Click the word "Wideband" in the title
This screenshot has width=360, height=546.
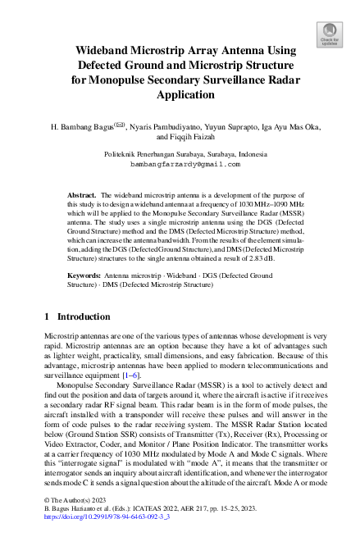pyautogui.click(x=100, y=49)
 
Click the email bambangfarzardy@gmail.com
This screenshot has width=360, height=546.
pyautogui.click(x=180, y=164)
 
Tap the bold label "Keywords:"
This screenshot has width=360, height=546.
pyautogui.click(x=84, y=276)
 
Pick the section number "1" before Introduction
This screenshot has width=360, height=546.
pyautogui.click(x=48, y=315)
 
